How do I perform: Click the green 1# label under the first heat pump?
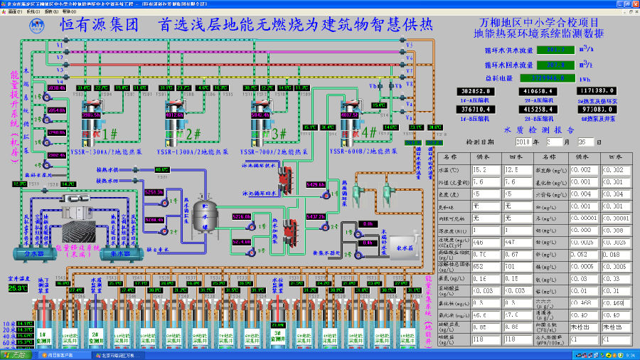coord(110,133)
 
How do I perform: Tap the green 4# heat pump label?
coord(368,132)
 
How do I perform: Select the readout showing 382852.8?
coord(477,91)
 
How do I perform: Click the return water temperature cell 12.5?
coord(517,170)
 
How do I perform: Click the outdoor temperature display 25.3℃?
coord(18,288)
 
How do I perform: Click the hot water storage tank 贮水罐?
coord(201,213)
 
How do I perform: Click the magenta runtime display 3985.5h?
coord(91,115)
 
